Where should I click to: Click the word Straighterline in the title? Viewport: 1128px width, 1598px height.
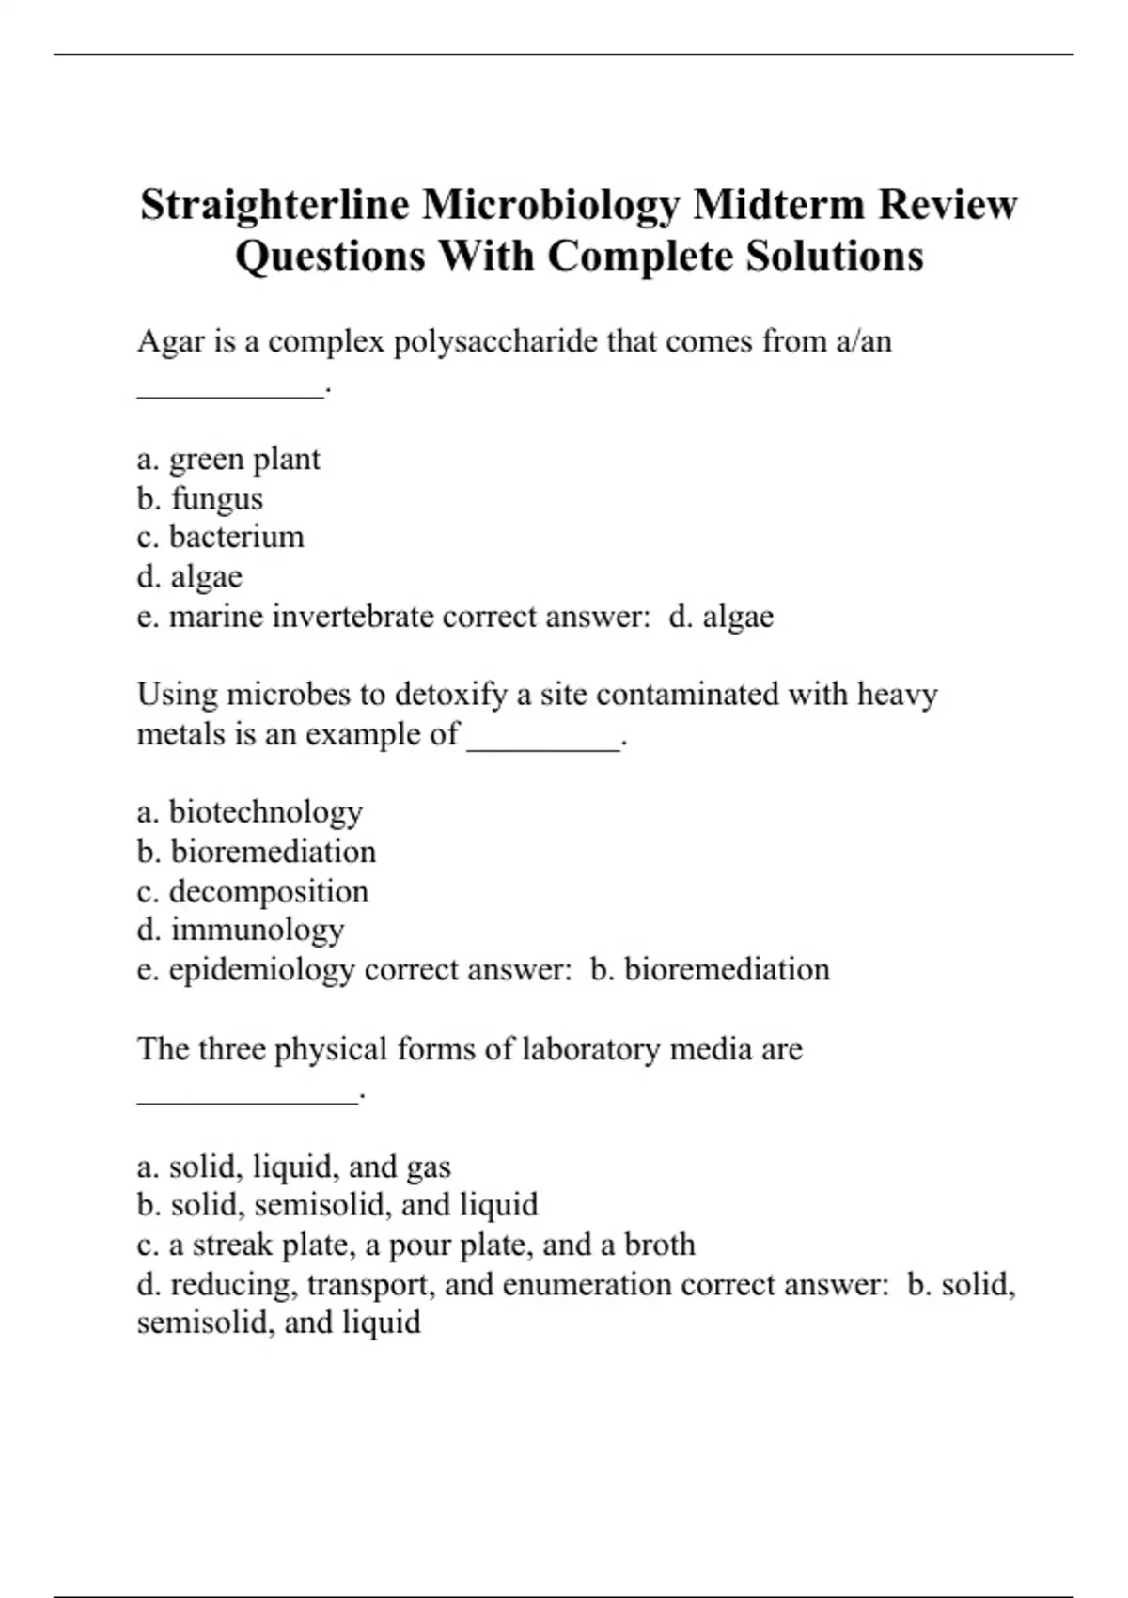pyautogui.click(x=274, y=205)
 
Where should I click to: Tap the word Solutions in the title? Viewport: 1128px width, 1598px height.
pyautogui.click(x=835, y=256)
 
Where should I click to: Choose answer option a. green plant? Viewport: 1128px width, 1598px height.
pyautogui.click(x=228, y=460)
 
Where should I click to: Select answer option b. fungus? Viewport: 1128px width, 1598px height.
pyautogui.click(x=199, y=498)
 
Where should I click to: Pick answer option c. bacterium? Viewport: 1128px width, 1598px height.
pyautogui.click(x=220, y=537)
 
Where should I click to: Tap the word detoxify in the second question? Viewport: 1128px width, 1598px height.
pyautogui.click(x=450, y=695)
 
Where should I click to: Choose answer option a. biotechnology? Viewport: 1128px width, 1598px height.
pyautogui.click(x=249, y=812)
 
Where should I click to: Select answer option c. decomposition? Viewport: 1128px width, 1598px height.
pyautogui.click(x=252, y=891)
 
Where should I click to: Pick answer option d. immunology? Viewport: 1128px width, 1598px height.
pyautogui.click(x=240, y=930)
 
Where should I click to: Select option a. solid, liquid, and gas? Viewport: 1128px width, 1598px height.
pyautogui.click(x=293, y=1167)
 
